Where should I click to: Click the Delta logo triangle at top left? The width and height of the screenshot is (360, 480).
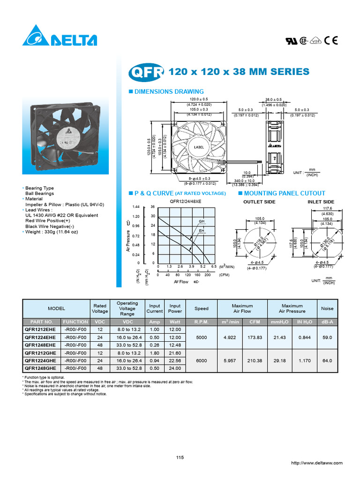35,37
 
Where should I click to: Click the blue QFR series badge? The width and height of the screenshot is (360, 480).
146,72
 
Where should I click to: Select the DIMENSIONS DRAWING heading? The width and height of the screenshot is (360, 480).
169,92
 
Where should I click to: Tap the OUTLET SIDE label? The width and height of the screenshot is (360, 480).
259,202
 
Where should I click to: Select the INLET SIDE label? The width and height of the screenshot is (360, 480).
321,202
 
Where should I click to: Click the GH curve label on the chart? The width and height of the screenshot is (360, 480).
202,221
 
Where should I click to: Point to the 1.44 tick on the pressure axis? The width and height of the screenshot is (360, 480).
136,207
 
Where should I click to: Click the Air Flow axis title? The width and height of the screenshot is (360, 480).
181,282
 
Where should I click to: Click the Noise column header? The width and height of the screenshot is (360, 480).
327,308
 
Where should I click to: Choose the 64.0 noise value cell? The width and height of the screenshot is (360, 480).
327,360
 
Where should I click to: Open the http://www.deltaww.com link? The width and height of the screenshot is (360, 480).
316,463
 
